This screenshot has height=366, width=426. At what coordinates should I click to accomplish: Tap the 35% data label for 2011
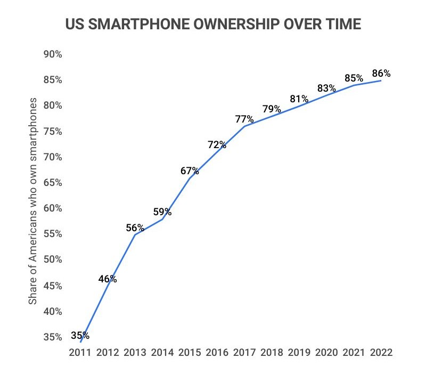coord(80,336)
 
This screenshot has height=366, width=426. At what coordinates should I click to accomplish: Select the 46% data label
coord(108,279)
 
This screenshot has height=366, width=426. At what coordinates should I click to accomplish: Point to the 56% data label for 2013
coord(135,227)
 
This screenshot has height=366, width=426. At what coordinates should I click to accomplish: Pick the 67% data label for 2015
coord(190,170)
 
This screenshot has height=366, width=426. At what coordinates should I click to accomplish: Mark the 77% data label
coord(244,119)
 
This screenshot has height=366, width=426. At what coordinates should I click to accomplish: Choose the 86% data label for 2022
coord(381,74)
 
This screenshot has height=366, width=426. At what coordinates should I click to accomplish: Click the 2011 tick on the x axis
coord(80,353)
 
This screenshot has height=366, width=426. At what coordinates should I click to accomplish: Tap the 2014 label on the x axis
coord(162,353)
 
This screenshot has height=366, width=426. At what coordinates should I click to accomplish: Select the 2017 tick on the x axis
coord(244,353)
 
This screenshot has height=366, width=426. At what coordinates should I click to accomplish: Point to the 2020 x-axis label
coord(326,353)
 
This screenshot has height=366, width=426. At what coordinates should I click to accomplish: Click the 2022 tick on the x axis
coord(381,353)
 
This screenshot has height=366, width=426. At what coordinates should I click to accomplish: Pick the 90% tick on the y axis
coord(53,54)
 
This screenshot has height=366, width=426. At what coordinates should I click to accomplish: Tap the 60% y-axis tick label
coord(53,208)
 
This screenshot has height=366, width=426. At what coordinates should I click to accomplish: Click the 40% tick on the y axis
coord(53,311)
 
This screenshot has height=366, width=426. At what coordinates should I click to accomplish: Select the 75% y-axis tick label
coord(53,132)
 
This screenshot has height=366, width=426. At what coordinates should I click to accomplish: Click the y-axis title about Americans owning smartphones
coord(33,201)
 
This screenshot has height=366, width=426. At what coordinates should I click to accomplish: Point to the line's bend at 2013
coord(135,235)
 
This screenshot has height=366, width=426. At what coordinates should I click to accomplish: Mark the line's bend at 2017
coord(244,126)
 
